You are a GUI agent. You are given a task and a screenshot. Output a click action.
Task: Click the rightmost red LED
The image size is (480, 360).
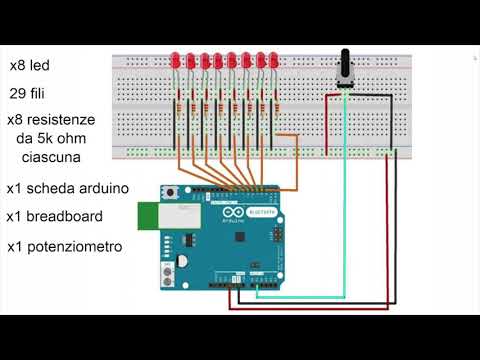tap(272, 62)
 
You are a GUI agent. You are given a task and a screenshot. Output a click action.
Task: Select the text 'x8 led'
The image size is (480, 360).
tap(30, 66)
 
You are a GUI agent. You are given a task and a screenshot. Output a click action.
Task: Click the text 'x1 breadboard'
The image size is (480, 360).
tap(58, 216)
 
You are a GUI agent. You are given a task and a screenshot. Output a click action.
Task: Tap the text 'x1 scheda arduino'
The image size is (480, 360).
tap(68, 188)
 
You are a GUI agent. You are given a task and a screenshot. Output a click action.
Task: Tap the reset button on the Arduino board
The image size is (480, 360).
tap(171, 193)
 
